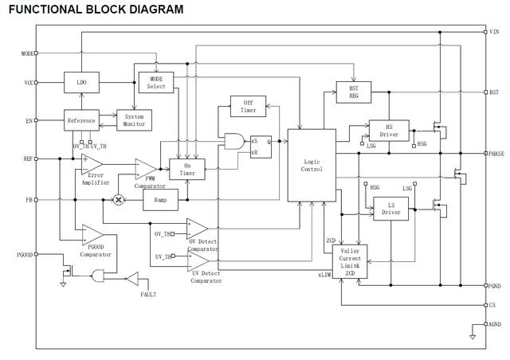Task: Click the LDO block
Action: click(x=80, y=83)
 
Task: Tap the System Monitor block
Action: click(x=134, y=120)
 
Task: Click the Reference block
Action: click(x=80, y=120)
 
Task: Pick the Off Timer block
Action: click(x=249, y=106)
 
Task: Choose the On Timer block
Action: click(x=187, y=169)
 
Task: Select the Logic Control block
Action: click(x=312, y=164)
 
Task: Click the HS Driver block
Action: click(x=388, y=130)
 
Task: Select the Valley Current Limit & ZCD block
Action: click(x=349, y=260)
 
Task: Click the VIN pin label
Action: click(x=494, y=31)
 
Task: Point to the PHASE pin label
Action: click(x=496, y=152)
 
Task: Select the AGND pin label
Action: click(x=495, y=324)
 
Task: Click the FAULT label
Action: click(x=148, y=295)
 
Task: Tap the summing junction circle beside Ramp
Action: click(x=120, y=199)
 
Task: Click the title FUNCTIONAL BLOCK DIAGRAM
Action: click(x=96, y=10)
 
